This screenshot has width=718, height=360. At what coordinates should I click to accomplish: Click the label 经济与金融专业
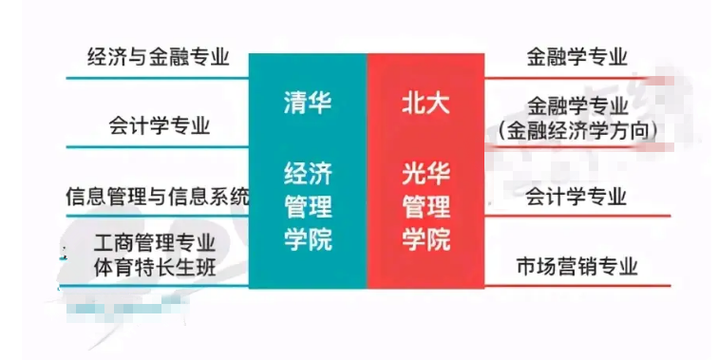pyautogui.click(x=158, y=57)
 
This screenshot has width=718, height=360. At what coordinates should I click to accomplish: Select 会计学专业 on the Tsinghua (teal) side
pyautogui.click(x=159, y=125)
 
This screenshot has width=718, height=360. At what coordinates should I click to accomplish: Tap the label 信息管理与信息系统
pyautogui.click(x=157, y=197)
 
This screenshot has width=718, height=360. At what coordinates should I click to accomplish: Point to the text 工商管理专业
pyautogui.click(x=156, y=243)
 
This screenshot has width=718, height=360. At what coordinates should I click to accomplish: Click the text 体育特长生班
pyautogui.click(x=156, y=267)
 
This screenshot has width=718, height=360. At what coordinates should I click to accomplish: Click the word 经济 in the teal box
pyautogui.click(x=308, y=174)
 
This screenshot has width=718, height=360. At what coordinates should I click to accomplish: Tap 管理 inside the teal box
pyautogui.click(x=308, y=206)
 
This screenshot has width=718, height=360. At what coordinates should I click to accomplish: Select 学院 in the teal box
pyautogui.click(x=308, y=238)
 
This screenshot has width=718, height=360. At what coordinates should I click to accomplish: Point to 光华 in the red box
pyautogui.click(x=425, y=174)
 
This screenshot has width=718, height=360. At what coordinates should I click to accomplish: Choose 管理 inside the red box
pyautogui.click(x=425, y=206)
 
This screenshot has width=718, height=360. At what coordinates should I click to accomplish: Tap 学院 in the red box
pyautogui.click(x=425, y=238)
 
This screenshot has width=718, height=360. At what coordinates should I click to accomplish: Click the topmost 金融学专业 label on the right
pyautogui.click(x=576, y=57)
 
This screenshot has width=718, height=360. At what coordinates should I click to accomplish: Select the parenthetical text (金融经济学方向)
pyautogui.click(x=577, y=129)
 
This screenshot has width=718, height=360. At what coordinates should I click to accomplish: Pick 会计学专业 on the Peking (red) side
pyautogui.click(x=576, y=197)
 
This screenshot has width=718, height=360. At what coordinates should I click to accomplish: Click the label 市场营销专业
pyautogui.click(x=576, y=266)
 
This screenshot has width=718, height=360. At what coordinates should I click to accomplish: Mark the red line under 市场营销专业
pyautogui.click(x=576, y=285)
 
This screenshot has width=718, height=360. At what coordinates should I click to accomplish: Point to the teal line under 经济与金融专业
pyautogui.click(x=158, y=77)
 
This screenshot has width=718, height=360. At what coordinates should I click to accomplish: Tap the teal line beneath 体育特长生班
pyautogui.click(x=156, y=286)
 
